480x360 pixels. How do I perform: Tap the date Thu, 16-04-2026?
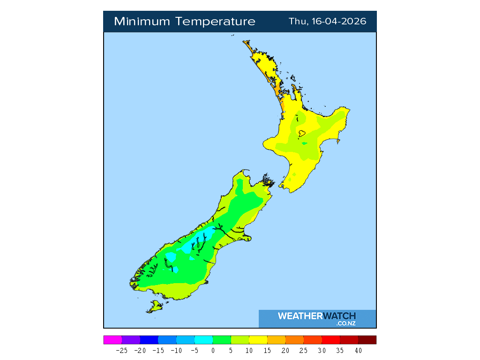[x=327, y=22]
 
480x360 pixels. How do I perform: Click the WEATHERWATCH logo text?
[x=316, y=316]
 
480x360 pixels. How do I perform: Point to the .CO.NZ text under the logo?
[x=345, y=323]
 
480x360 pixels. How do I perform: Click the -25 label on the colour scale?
[x=122, y=351]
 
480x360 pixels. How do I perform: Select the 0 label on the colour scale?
[x=213, y=351]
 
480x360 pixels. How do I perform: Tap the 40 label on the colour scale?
[x=358, y=351]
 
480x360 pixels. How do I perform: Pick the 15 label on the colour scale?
[x=267, y=351]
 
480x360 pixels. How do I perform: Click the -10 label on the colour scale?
[x=176, y=351]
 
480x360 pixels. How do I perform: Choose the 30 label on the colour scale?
[x=322, y=351]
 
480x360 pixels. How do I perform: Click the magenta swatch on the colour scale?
[x=112, y=340]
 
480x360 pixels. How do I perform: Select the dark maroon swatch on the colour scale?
[x=367, y=340]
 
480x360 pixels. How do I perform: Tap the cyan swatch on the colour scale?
[x=203, y=340]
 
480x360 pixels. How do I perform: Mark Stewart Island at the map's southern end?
[x=154, y=307]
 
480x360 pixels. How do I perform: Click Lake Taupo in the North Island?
[x=302, y=133]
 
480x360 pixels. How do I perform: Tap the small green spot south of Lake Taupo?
[x=304, y=143]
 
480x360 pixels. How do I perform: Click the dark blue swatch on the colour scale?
[x=149, y=340]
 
